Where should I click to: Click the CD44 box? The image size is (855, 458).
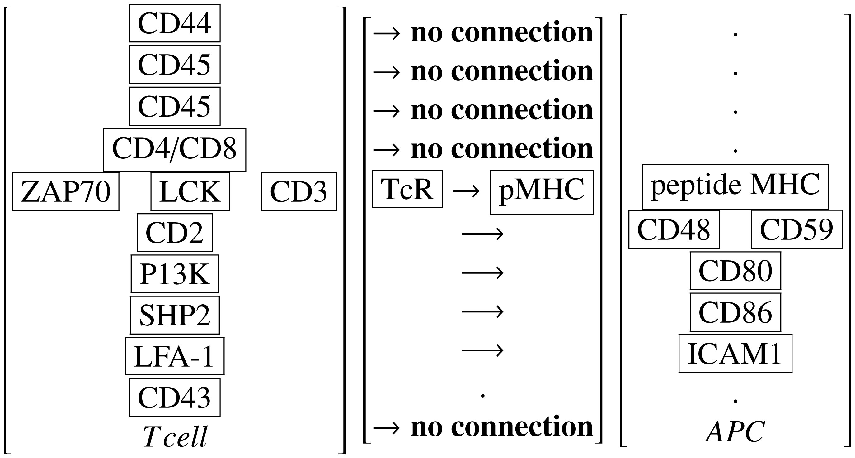(175, 23)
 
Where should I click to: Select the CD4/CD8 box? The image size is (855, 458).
(175, 150)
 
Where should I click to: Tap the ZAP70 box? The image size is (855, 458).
(66, 191)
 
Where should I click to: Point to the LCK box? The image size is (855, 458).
(190, 191)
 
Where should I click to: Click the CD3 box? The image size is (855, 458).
(299, 191)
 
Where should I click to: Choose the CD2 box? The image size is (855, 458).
(175, 233)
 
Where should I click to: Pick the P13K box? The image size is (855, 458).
(175, 274)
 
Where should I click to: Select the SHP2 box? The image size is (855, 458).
(175, 315)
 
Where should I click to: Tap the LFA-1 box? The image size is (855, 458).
(175, 356)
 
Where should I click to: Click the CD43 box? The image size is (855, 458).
(175, 398)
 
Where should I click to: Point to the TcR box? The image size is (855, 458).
(407, 189)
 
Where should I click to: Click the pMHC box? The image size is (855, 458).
(541, 192)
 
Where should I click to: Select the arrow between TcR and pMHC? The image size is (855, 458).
(466, 191)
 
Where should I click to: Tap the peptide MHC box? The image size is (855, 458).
(735, 186)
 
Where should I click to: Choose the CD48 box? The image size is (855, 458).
(674, 229)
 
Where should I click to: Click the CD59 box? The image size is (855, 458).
(796, 229)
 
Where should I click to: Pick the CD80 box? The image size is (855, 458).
(735, 271)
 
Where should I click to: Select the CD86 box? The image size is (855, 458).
(735, 312)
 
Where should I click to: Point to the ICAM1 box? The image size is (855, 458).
(735, 354)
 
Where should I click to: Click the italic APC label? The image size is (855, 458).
(735, 432)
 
